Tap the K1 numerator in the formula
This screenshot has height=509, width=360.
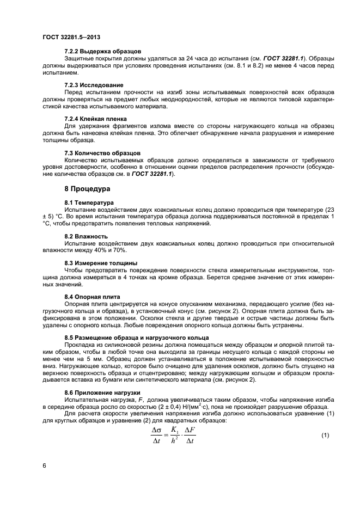pyautogui.click(x=174, y=430)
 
